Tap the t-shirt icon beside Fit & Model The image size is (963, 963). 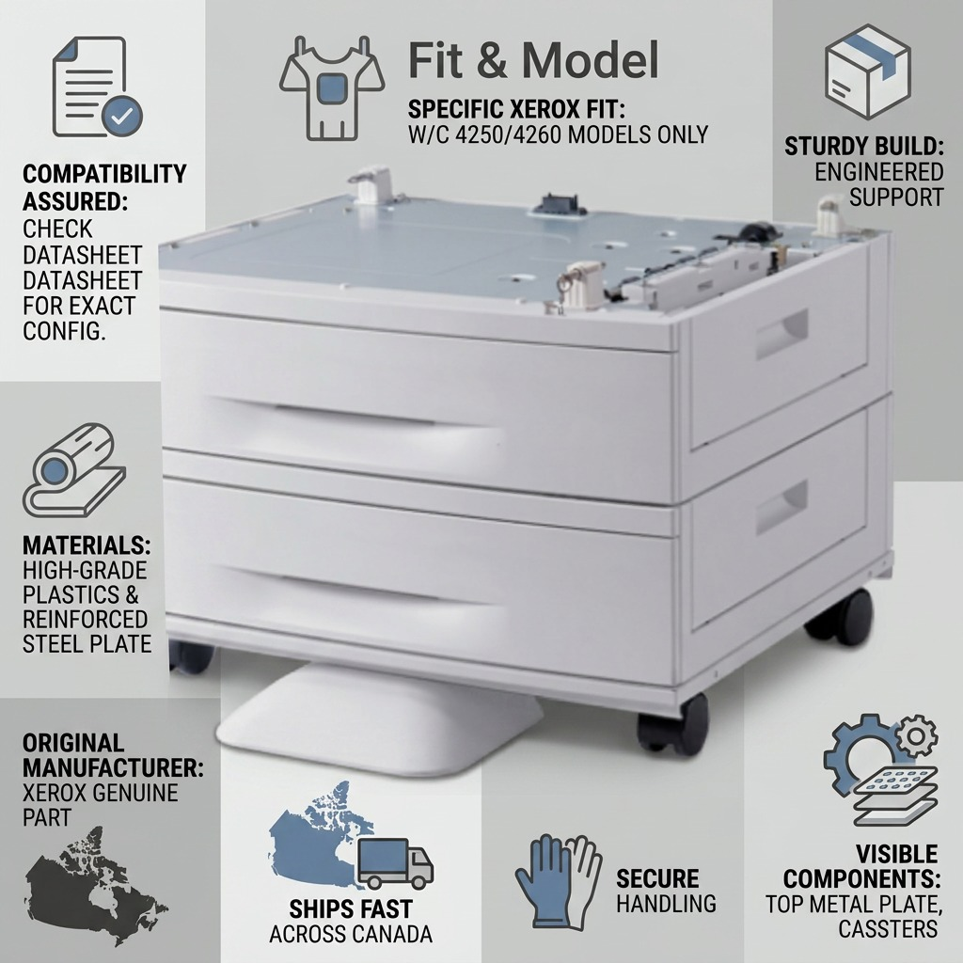click(332, 87)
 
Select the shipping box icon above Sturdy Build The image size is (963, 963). click(867, 71)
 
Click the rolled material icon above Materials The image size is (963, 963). click(74, 469)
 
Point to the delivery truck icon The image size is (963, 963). click(396, 863)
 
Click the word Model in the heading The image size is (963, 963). click(591, 60)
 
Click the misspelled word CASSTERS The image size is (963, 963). click(888, 928)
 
